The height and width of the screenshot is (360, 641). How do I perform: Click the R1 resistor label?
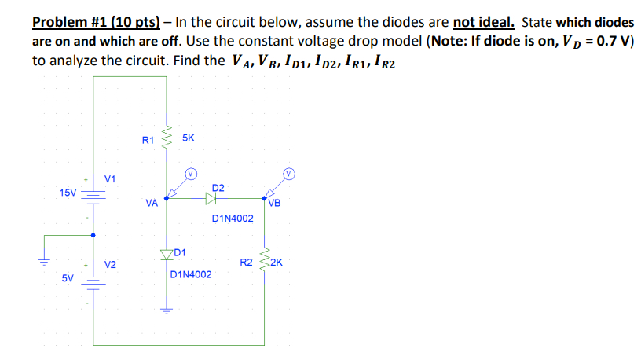148,140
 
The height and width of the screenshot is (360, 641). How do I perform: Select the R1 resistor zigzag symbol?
166,139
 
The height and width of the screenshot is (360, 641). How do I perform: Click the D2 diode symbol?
211,200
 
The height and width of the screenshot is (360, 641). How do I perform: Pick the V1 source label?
110,178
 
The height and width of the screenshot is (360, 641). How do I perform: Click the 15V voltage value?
68,192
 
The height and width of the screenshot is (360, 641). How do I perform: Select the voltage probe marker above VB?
288,172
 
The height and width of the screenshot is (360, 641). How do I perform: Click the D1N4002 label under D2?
233,218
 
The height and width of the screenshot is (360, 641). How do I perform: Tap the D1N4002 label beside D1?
191,276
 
